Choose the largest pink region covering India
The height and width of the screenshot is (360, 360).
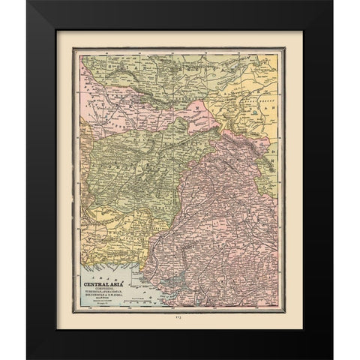point(225,217)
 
